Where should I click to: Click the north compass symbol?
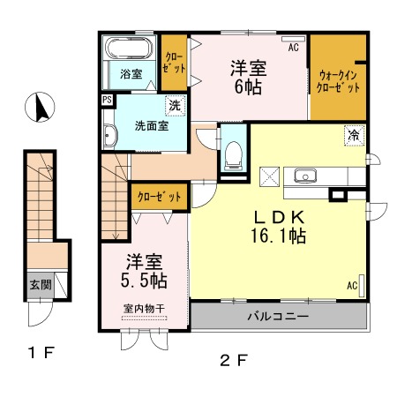tap(40, 107)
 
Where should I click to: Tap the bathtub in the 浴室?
tap(129, 48)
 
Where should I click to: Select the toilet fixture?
tap(233, 156)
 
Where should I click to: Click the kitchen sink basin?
tap(305, 176)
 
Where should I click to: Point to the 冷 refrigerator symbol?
tap(355, 135)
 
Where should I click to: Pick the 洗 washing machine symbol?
tap(175, 106)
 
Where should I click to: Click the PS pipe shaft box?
tap(107, 100)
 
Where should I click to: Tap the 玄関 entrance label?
tap(41, 284)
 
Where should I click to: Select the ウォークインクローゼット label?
tap(338, 81)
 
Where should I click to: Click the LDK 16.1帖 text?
tap(279, 227)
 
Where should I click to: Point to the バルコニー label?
tap(278, 317)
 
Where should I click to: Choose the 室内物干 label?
tap(144, 309)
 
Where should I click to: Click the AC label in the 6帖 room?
tap(293, 47)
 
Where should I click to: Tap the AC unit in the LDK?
tap(362, 286)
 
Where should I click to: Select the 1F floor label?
tap(41, 352)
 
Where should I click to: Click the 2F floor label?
tap(234, 361)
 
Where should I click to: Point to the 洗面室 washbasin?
tap(110, 136)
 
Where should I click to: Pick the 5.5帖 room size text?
tap(144, 281)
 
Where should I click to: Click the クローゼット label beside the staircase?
tap(159, 197)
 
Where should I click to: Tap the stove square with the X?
tap(269, 176)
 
